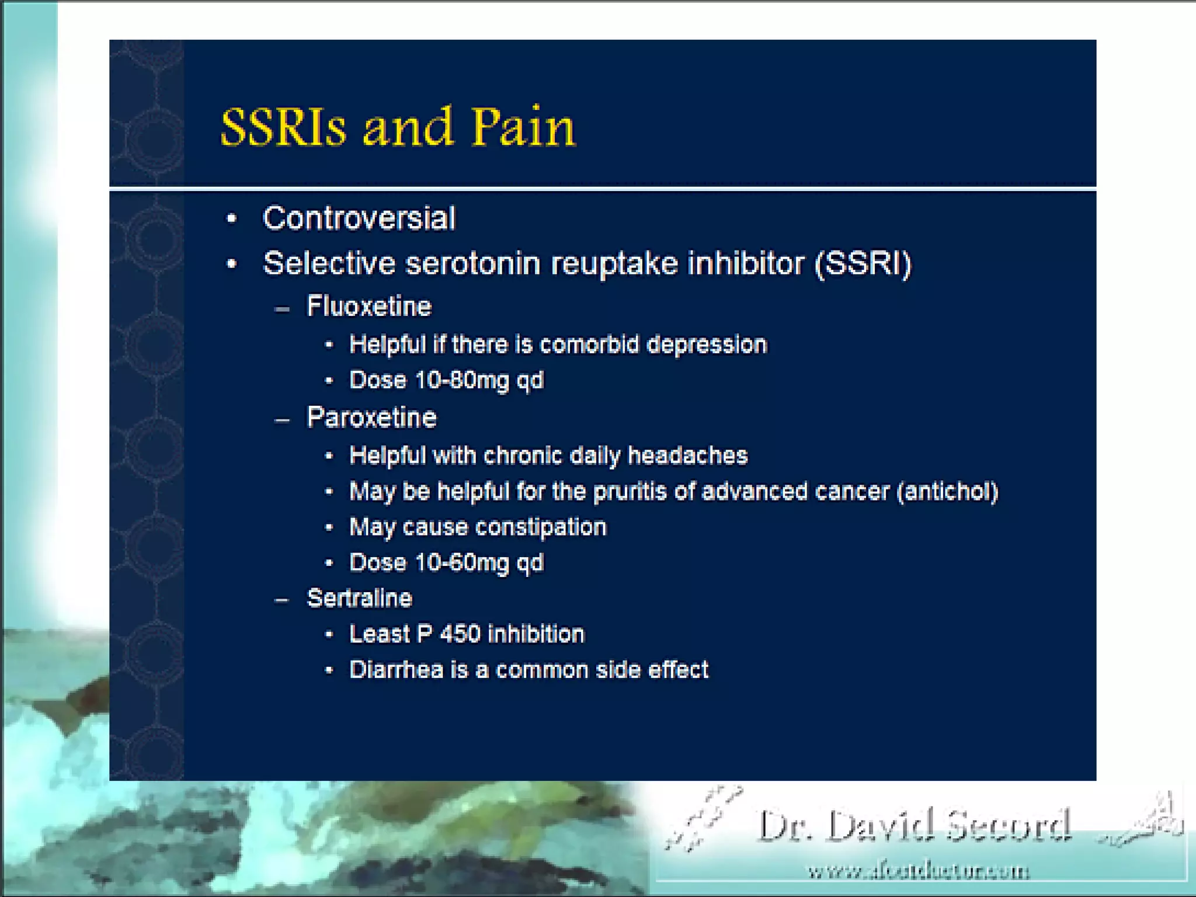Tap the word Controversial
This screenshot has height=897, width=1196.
(x=359, y=218)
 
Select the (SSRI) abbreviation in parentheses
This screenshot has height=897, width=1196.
(x=863, y=263)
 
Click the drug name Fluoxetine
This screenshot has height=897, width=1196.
(x=369, y=307)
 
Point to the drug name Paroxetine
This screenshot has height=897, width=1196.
(x=371, y=418)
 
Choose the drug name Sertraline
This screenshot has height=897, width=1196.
(x=360, y=599)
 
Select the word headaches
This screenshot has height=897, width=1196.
(x=687, y=456)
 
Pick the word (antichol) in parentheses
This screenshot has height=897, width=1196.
(x=947, y=492)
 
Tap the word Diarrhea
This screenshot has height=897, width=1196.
(x=396, y=670)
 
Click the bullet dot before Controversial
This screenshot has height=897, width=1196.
(x=232, y=219)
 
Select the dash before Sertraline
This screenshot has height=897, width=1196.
(x=282, y=600)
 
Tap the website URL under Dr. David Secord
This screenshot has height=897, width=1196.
(x=918, y=872)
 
